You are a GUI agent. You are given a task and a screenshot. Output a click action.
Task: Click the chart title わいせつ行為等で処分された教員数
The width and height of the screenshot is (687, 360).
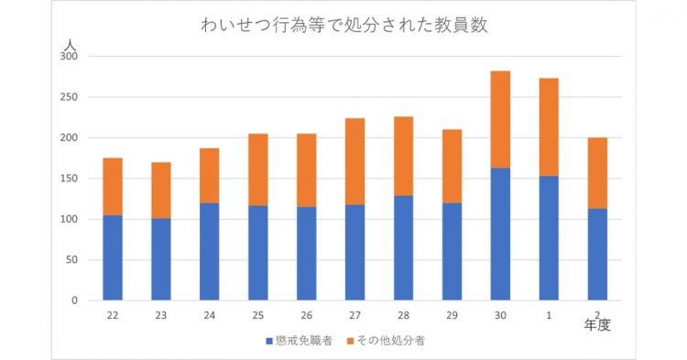tap(343, 26)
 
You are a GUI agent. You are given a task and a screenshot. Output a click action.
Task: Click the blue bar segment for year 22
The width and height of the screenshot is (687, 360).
tap(113, 257)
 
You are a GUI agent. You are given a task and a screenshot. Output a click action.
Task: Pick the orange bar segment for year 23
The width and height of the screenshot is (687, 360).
tap(161, 190)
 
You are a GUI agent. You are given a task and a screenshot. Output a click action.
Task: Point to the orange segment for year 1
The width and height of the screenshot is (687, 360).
tap(549, 127)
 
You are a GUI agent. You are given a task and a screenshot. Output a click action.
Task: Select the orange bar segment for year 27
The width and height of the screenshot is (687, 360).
tap(354, 161)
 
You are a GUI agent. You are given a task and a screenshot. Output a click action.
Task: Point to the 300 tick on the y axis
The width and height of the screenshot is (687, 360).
tap(70, 57)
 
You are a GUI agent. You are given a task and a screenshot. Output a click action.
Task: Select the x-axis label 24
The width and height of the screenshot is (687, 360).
tap(210, 314)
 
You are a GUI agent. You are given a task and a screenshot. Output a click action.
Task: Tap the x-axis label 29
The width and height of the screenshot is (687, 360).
tap(452, 314)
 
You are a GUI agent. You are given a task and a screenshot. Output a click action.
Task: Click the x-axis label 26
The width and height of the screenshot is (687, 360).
tap(307, 314)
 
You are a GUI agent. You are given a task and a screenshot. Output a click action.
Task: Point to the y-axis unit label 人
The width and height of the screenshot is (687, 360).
tap(70, 42)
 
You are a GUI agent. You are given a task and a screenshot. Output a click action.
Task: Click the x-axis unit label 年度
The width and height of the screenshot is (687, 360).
tap(598, 324)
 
